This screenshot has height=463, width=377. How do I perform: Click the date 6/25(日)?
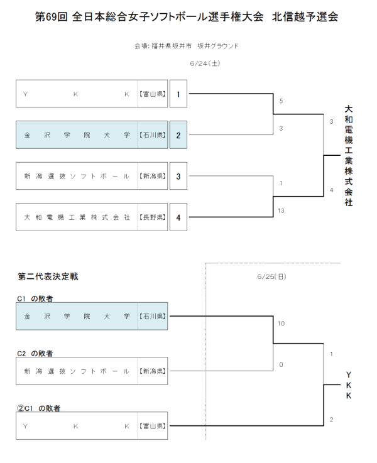pyautogui.click(x=271, y=276)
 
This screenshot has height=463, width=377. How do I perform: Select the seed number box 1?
pyautogui.click(x=178, y=94)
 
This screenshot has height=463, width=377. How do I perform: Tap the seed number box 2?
pyautogui.click(x=178, y=135)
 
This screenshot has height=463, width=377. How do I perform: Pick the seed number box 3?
pyautogui.click(x=178, y=177)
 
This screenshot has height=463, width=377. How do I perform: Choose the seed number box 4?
pyautogui.click(x=178, y=217)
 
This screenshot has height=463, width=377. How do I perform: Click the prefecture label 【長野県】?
pyautogui.click(x=152, y=217)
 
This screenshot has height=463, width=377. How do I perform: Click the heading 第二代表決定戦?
pyautogui.click(x=48, y=276)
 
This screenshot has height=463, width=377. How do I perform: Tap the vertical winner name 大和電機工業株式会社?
pyautogui.click(x=348, y=155)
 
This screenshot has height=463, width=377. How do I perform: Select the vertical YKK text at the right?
pyautogui.click(x=348, y=385)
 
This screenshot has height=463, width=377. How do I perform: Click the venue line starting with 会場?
pyautogui.click(x=187, y=46)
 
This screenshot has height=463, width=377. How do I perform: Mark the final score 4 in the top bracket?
pyautogui.click(x=331, y=190)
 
